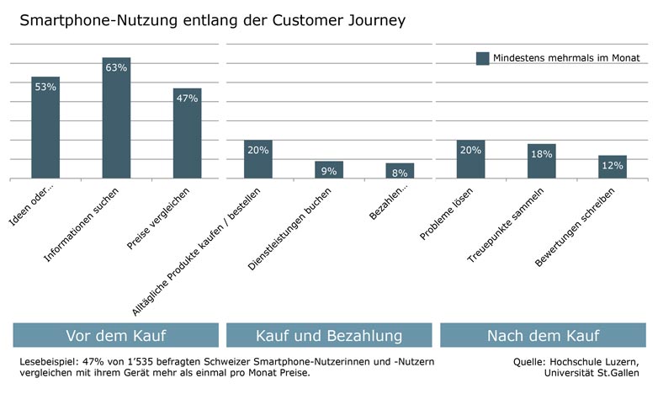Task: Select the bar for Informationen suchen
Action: [x=116, y=126]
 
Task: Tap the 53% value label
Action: [x=45, y=87]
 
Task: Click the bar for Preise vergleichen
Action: [x=187, y=139]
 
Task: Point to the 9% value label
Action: [x=328, y=171]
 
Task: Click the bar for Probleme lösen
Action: [x=470, y=164]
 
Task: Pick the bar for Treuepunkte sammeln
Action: [x=541, y=166]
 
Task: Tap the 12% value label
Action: [x=613, y=166]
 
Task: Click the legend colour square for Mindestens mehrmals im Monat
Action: [x=482, y=58]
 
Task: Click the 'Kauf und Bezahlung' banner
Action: [x=328, y=336]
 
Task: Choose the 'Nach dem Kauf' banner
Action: [x=543, y=336]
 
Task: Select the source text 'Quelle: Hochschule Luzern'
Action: [x=576, y=361]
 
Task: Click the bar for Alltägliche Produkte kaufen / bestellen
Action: [x=258, y=160]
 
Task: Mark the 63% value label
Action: [x=116, y=67]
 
